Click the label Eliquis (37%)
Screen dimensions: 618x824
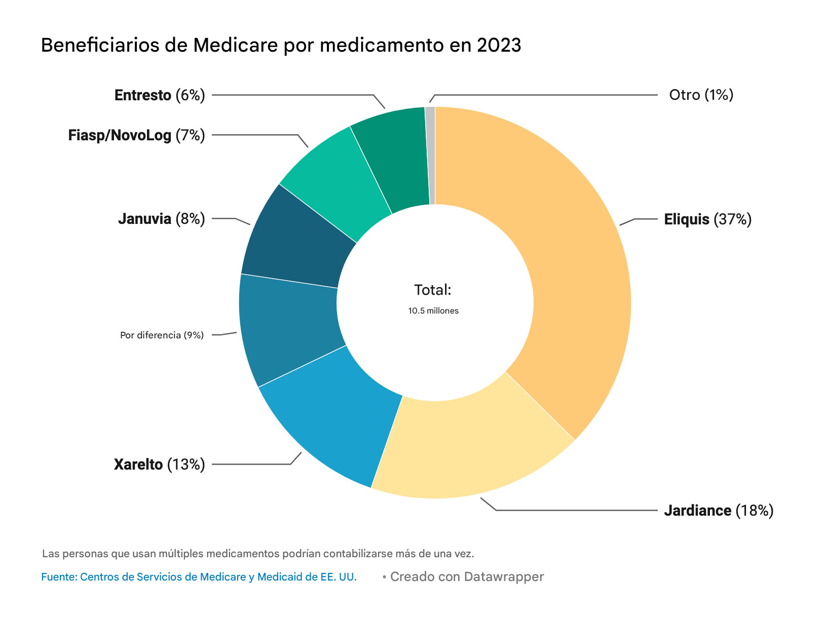pos(707,219)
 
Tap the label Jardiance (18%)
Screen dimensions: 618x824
pos(719,510)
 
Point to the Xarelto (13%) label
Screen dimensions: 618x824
pos(159,464)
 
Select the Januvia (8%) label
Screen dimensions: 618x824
pos(161,219)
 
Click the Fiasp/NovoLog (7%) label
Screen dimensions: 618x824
pos(136,135)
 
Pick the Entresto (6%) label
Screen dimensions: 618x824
pos(160,95)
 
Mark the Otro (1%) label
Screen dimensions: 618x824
pos(701,95)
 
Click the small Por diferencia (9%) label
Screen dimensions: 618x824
pos(162,335)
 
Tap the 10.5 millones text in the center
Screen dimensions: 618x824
pos(433,311)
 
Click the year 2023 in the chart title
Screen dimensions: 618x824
pos(499,46)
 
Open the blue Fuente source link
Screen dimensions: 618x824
pos(199,577)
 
